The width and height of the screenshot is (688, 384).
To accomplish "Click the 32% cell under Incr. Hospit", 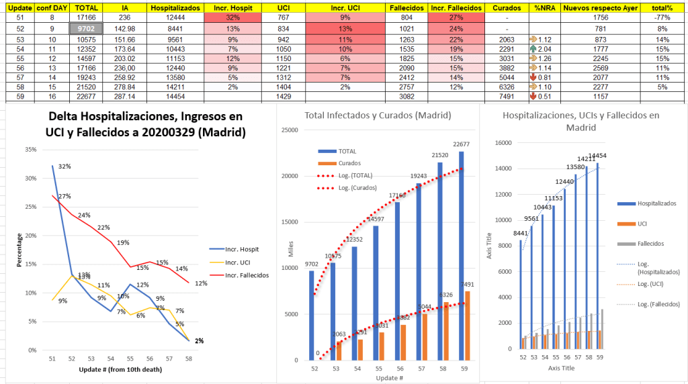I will pyautogui.click(x=233, y=17).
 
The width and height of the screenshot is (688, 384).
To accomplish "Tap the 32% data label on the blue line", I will pyautogui.click(x=64, y=166).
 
